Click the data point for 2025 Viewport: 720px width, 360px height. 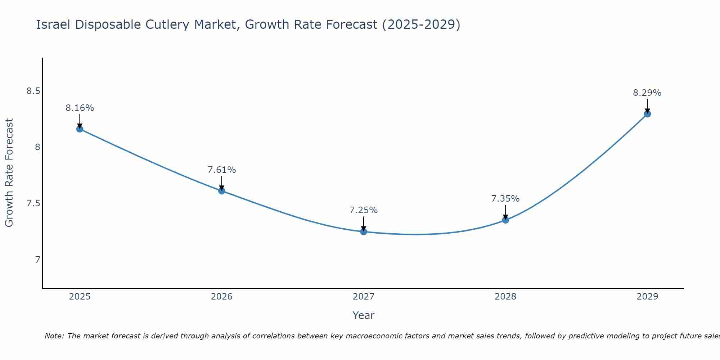click(80, 129)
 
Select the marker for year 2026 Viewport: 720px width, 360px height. click(222, 191)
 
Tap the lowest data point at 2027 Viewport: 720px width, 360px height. click(364, 231)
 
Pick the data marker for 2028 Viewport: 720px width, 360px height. click(505, 220)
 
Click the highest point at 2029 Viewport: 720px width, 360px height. click(647, 114)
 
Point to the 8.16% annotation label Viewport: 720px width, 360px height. click(80, 108)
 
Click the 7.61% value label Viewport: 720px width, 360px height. click(222, 170)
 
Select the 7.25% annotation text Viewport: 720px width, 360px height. click(364, 210)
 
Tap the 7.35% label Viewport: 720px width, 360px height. click(505, 199)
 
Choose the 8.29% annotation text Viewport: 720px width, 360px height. click(647, 93)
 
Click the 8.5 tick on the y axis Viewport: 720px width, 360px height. click(33, 91)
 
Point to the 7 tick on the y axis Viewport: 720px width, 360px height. click(38, 260)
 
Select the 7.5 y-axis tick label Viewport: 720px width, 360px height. click(33, 203)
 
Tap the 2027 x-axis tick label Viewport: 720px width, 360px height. click(364, 297)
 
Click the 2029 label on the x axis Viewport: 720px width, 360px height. click(647, 297)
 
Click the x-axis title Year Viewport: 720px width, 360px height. click(364, 315)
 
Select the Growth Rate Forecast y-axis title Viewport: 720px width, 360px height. click(9, 173)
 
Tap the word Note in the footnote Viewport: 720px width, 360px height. click(54, 336)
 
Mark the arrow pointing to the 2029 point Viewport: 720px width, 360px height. click(647, 105)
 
